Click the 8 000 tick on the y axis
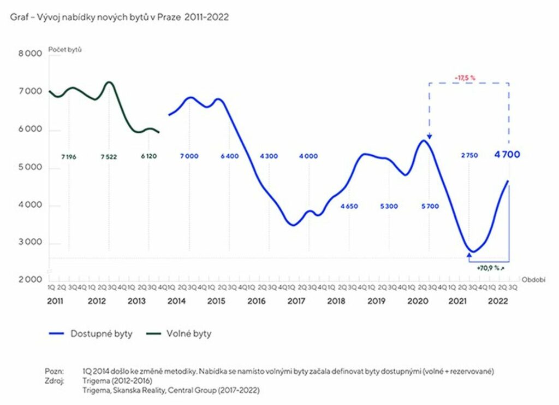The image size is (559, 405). click(x=31, y=54)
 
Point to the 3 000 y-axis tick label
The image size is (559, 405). click(x=31, y=244)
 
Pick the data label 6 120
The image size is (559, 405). click(x=149, y=156)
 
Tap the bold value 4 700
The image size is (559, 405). click(x=507, y=155)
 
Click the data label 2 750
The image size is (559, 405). click(x=469, y=156)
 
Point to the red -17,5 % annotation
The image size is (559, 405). click(x=465, y=78)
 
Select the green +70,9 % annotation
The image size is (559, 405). click(x=490, y=269)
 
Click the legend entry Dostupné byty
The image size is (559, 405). click(x=101, y=333)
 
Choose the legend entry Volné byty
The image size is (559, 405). click(x=189, y=333)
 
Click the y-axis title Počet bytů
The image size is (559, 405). click(x=65, y=50)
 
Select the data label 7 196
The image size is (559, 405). click(x=69, y=156)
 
